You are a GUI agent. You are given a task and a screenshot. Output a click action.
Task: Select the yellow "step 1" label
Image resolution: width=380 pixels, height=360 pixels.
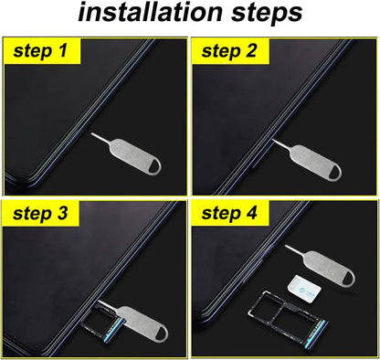[42, 52]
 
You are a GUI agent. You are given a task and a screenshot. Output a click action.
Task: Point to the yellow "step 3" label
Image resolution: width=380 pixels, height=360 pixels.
[42, 215]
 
